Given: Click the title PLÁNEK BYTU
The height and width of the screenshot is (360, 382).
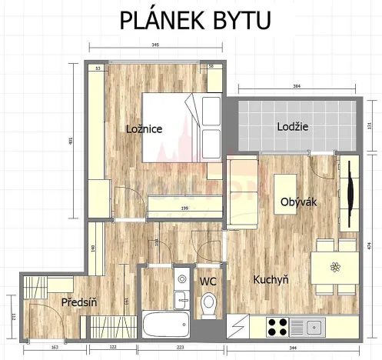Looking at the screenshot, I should coord(195,20).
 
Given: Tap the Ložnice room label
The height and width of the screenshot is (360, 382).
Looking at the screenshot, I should coord(144,129).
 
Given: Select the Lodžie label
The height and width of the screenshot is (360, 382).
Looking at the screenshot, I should coord(293,127).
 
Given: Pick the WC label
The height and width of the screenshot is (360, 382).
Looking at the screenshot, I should coord(208,282).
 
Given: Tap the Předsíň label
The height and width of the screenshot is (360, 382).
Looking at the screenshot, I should coord(78,303).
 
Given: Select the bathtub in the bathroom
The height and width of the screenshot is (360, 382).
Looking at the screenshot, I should coord(165,324).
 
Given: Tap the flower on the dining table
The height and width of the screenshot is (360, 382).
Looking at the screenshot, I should coord(334,268).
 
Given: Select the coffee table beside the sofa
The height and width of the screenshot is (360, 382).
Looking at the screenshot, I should coord(284,187).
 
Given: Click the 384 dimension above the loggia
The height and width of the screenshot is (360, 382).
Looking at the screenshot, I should coord(297,87).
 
